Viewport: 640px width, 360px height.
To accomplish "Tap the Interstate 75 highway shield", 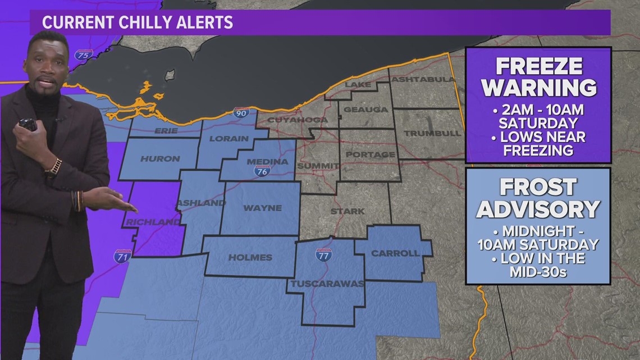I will click(84, 55).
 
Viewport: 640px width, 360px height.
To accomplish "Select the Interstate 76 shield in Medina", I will click(262, 172).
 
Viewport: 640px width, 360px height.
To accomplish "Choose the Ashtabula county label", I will click(422, 79).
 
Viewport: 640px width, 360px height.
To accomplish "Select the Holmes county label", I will click(250, 257).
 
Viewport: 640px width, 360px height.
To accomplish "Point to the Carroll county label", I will click(395, 253).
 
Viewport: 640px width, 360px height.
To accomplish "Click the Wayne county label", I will click(262, 208).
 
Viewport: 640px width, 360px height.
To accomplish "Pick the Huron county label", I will click(160, 159).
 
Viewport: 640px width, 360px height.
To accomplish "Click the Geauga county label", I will click(365, 110).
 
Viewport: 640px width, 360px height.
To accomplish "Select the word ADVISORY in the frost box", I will click(538, 209).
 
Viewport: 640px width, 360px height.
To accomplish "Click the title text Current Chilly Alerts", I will click(138, 23).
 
